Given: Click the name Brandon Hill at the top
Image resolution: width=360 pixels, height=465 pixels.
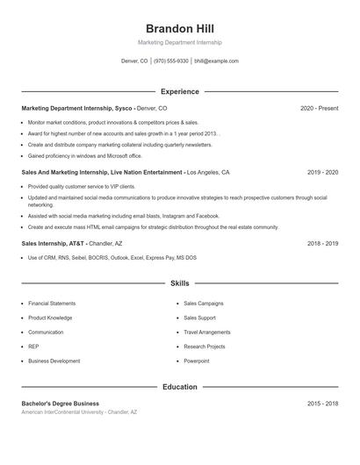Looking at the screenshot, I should click(179, 28).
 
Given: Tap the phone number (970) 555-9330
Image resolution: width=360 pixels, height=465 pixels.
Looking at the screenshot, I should click(171, 61).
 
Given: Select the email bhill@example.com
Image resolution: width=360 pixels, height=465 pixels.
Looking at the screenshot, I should click(216, 61).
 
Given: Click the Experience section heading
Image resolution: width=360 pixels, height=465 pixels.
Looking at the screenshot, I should click(180, 91).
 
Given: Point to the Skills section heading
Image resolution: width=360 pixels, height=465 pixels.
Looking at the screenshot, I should click(180, 283).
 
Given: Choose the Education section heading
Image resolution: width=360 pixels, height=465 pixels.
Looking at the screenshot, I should click(180, 387).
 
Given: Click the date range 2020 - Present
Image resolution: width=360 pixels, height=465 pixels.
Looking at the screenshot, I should click(319, 108).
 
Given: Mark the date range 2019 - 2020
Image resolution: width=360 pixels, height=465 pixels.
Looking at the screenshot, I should click(322, 173).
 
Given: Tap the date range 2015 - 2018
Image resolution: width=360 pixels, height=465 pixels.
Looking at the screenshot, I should click(322, 404).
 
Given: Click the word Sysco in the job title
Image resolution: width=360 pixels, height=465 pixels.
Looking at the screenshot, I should click(123, 108).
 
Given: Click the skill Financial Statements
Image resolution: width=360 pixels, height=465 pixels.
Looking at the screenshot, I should click(52, 304).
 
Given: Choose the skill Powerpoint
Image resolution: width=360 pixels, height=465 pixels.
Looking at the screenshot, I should click(197, 361).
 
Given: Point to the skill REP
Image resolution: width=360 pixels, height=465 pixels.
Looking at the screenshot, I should click(33, 347).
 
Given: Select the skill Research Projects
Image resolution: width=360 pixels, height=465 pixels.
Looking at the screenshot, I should click(205, 347).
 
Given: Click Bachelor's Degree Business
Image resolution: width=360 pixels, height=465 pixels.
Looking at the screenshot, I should click(60, 404).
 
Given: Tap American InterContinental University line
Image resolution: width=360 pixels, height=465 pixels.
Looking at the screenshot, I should click(79, 411).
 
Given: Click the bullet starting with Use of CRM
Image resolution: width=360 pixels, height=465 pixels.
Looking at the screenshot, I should click(112, 257).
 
